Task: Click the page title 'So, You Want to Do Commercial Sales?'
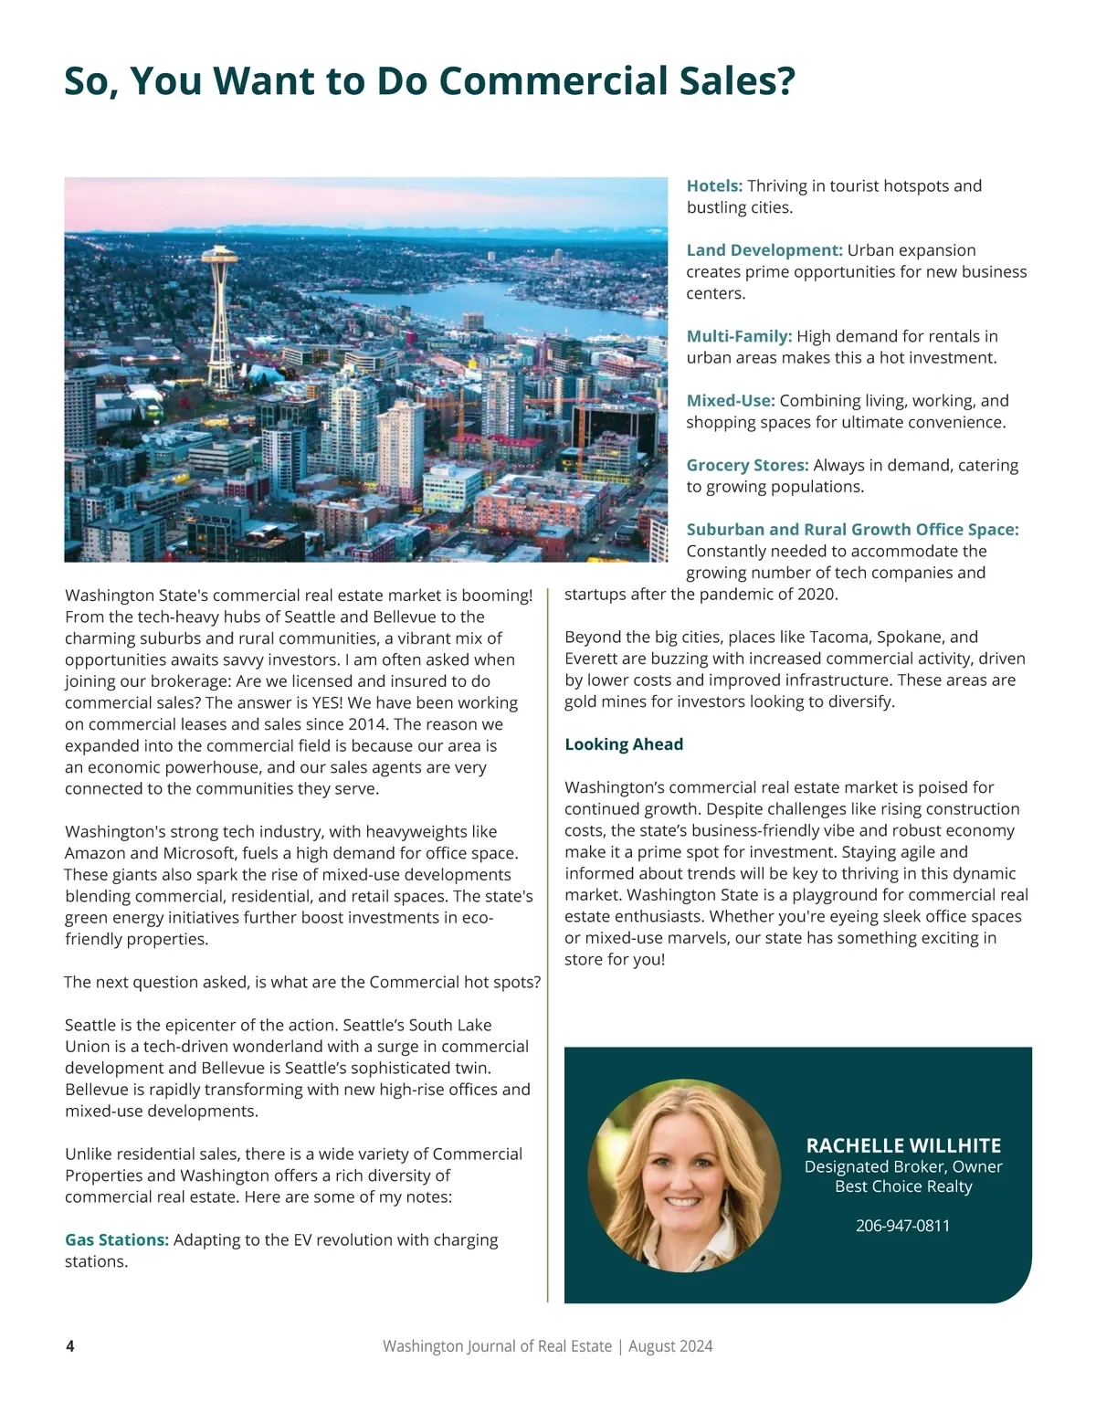point(429,81)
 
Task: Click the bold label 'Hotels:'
point(714,186)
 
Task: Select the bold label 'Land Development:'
point(764,250)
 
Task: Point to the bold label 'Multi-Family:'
point(739,336)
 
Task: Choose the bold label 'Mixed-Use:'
point(731,401)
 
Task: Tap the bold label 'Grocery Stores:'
point(747,465)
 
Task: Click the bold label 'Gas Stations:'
point(117,1240)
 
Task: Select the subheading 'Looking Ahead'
point(624,744)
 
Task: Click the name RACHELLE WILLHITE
point(903,1145)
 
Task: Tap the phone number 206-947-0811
point(902,1226)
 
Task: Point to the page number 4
point(70,1346)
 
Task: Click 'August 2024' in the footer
point(670,1346)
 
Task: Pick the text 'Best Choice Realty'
point(903,1186)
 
